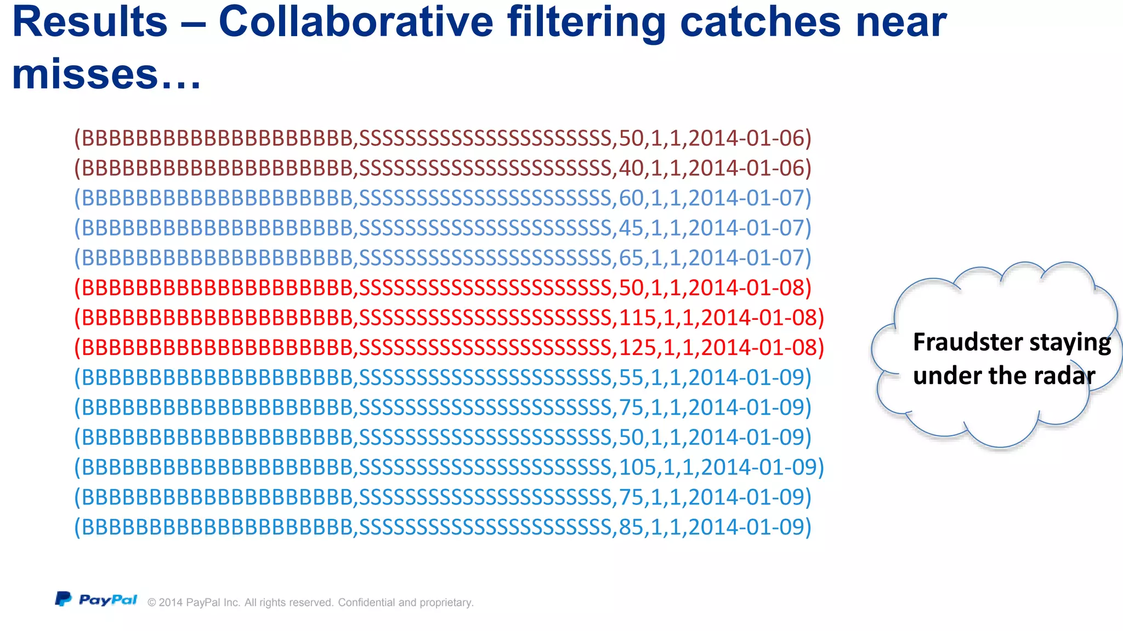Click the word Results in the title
tap(90, 22)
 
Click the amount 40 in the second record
tap(631, 168)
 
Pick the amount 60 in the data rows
tap(631, 198)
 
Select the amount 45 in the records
tap(631, 228)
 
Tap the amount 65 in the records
tap(631, 258)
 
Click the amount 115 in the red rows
tap(638, 318)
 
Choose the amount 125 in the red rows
tap(638, 348)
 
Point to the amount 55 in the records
tap(631, 377)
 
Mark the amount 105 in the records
tap(638, 467)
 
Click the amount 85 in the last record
tap(631, 527)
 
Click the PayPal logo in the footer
tap(97, 600)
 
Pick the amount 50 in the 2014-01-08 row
tap(631, 288)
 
